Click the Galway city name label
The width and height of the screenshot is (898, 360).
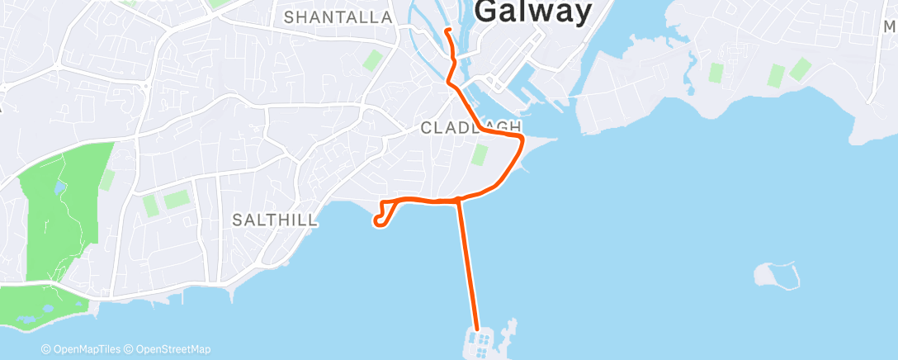pyautogui.click(x=535, y=12)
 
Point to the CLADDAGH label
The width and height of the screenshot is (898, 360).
pyautogui.click(x=471, y=127)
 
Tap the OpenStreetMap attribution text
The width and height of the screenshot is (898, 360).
pyautogui.click(x=169, y=349)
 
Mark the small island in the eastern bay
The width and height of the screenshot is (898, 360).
pyautogui.click(x=777, y=275)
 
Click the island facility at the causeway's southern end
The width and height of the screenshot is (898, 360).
pyautogui.click(x=482, y=341)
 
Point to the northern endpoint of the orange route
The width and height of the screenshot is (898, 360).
pyautogui.click(x=447, y=31)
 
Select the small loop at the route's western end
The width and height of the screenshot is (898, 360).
pyautogui.click(x=380, y=219)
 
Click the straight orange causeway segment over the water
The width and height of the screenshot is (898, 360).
pyautogui.click(x=468, y=264)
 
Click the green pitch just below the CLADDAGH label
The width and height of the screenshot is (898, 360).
pyautogui.click(x=480, y=154)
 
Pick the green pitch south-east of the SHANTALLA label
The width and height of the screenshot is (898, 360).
pyautogui.click(x=373, y=60)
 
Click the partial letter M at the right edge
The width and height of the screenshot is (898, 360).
pyautogui.click(x=890, y=26)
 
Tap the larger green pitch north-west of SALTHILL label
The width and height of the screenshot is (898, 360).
pyautogui.click(x=176, y=199)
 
